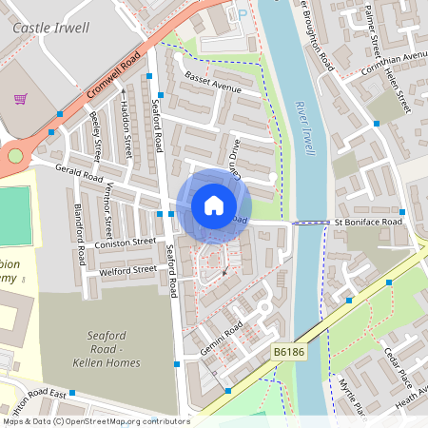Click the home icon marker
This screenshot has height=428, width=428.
click(214, 205)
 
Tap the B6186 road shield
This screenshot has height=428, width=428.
click(288, 352)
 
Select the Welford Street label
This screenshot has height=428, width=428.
click(127, 270)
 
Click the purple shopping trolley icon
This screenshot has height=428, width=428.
click(20, 98)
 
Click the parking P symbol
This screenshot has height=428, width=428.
click(242, 14)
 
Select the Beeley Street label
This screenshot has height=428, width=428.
click(96, 137)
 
